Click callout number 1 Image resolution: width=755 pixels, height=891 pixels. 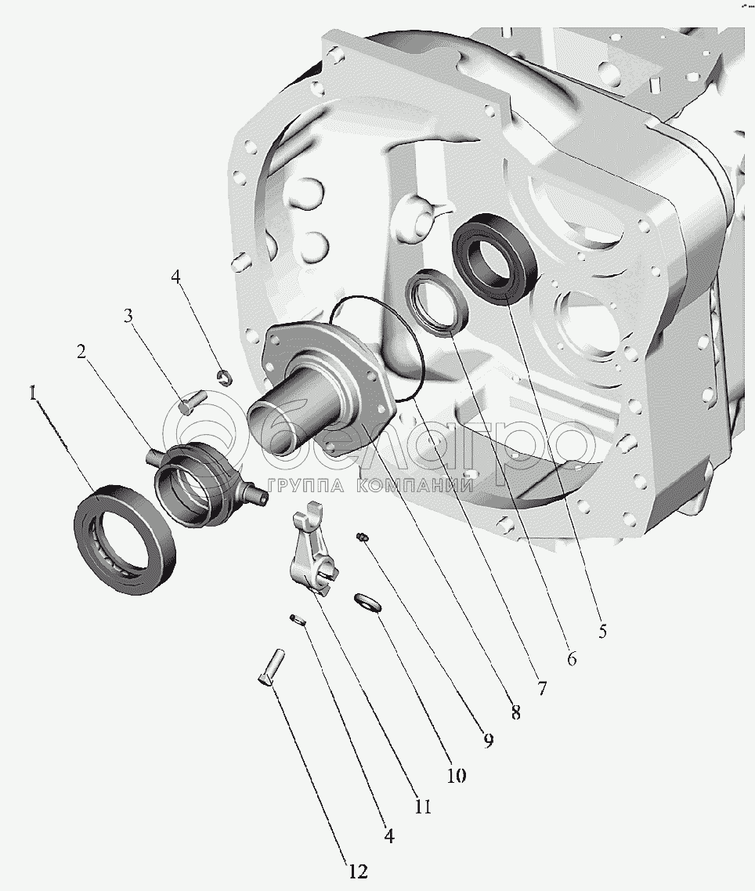click(x=34, y=393)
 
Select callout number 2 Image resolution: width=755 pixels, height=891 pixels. click(x=81, y=352)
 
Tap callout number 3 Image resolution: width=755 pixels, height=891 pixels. click(x=129, y=315)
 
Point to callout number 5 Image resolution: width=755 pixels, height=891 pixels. click(x=603, y=630)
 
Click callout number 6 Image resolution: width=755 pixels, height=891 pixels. click(x=572, y=658)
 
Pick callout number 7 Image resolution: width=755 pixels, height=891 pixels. click(x=542, y=689)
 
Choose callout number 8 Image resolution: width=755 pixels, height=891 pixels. click(x=516, y=712)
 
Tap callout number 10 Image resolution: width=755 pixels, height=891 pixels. click(x=456, y=775)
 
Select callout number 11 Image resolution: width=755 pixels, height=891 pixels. click(x=423, y=806)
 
